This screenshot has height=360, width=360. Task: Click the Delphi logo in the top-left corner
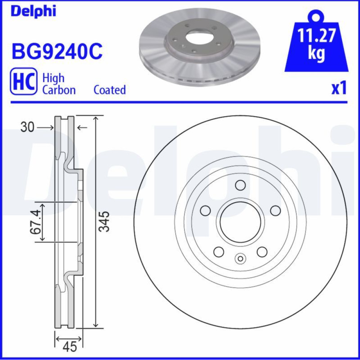(33, 11)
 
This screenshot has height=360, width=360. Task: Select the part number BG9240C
(57, 51)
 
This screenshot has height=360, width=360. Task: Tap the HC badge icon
(23, 81)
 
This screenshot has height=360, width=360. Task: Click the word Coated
(110, 90)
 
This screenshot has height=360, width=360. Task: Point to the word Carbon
(59, 90)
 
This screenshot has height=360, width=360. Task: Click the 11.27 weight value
(316, 35)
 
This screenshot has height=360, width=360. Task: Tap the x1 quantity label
(339, 88)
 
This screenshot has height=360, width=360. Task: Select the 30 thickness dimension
(27, 127)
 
